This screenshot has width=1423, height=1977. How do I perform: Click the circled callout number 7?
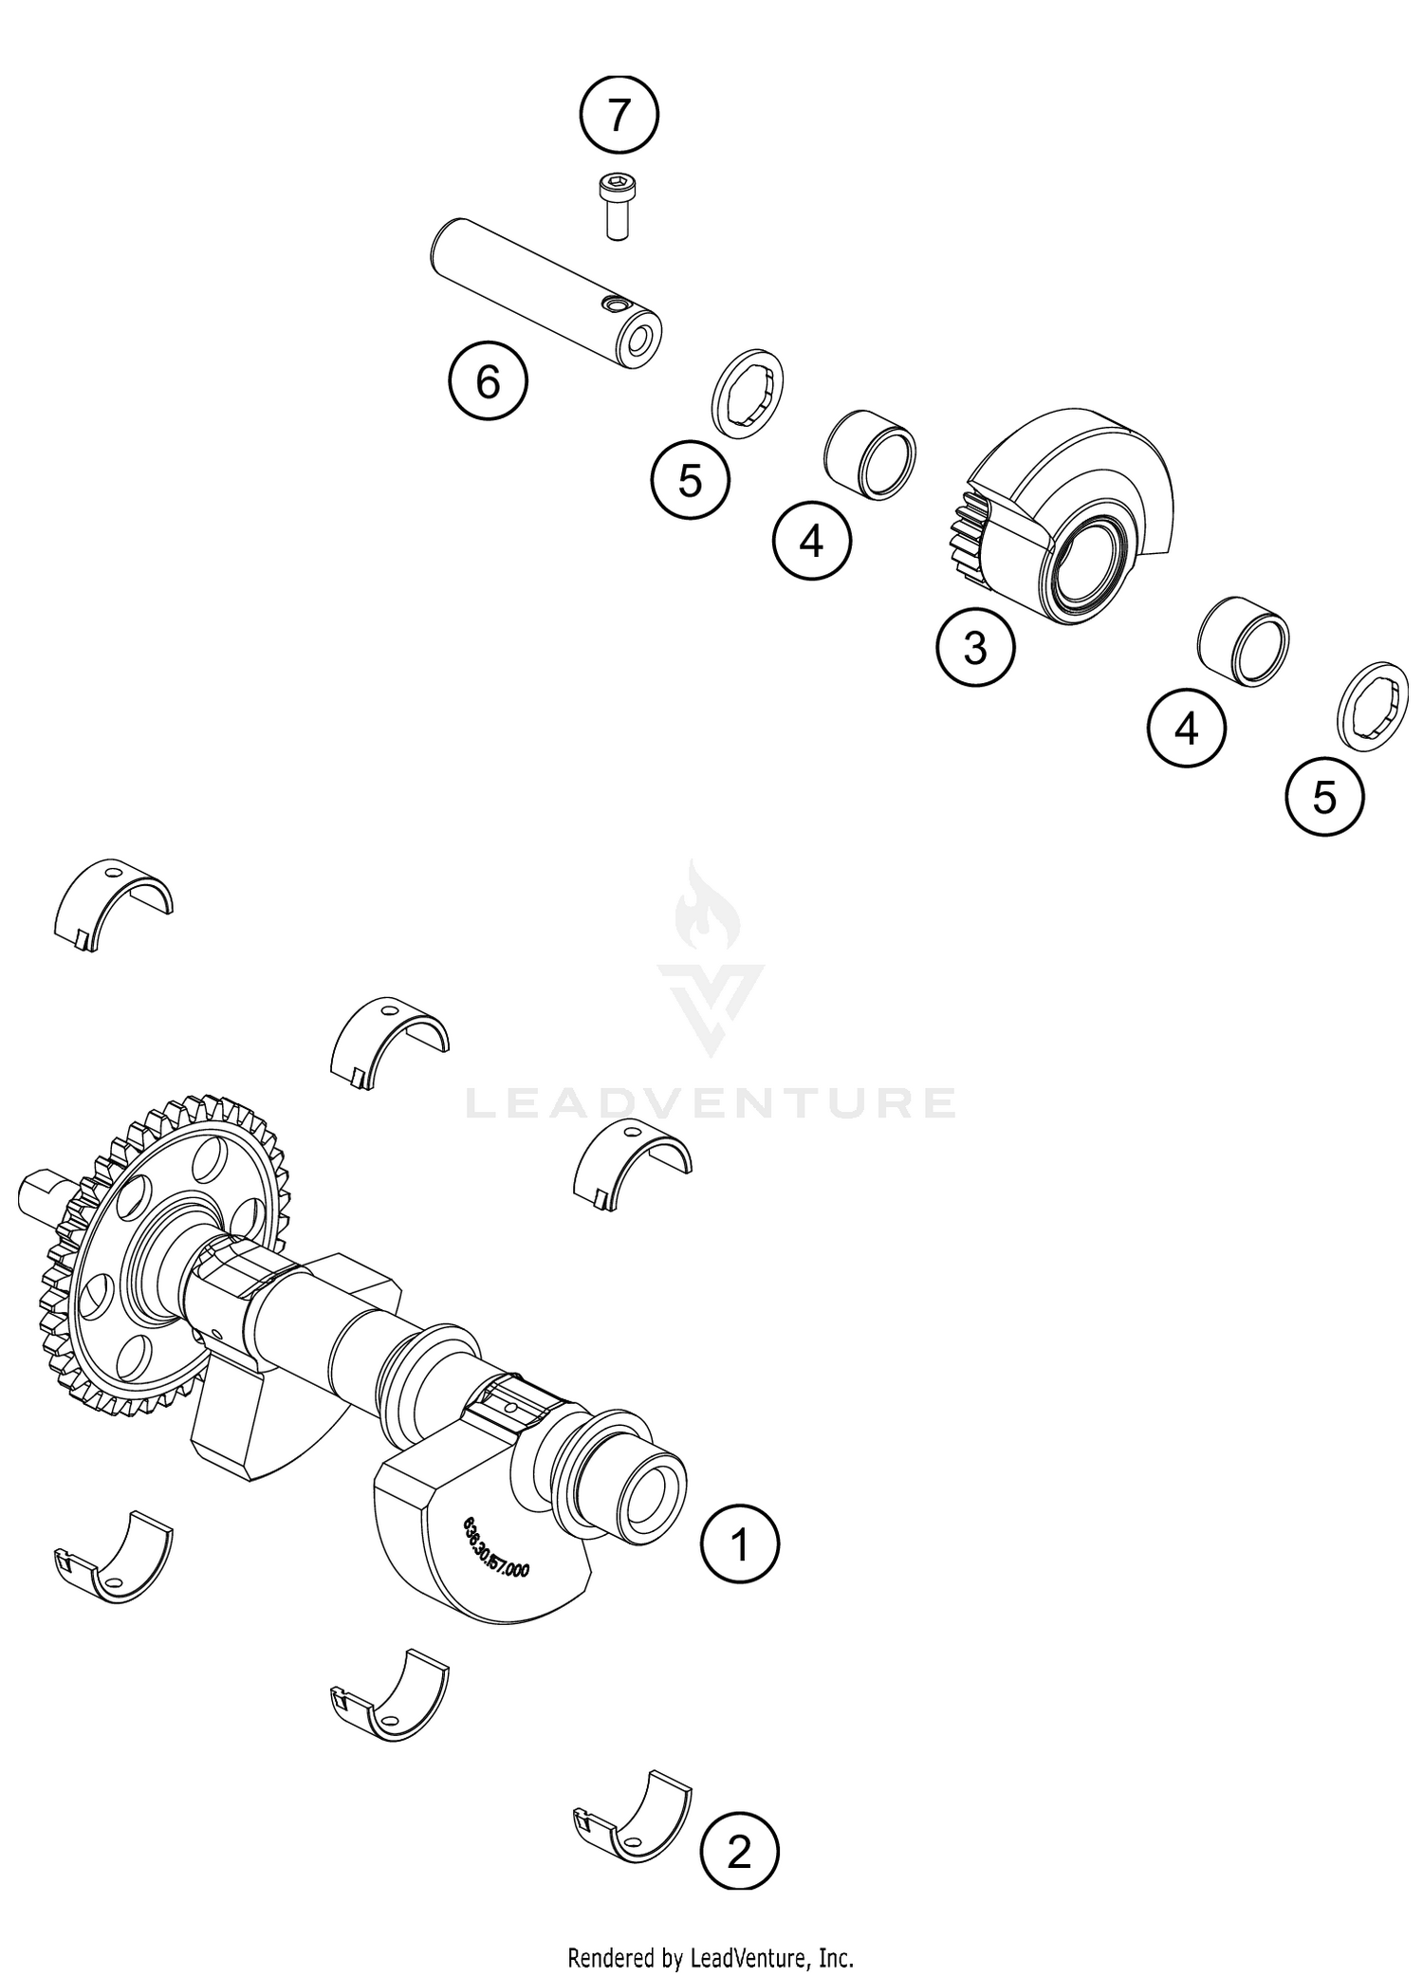pyautogui.click(x=619, y=116)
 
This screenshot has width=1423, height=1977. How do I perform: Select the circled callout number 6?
pyautogui.click(x=488, y=382)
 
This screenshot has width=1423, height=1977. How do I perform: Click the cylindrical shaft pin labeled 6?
pyautogui.click(x=546, y=295)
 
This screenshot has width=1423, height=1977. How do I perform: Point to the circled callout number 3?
pyautogui.click(x=975, y=649)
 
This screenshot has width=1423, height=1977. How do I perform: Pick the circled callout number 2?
pyautogui.click(x=739, y=1853)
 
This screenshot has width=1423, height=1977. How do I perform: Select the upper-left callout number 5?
pyautogui.click(x=690, y=481)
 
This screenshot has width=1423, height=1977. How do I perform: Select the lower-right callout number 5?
pyautogui.click(x=1324, y=797)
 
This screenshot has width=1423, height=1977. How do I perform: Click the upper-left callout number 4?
pyautogui.click(x=812, y=542)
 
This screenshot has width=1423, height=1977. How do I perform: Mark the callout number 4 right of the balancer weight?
pyautogui.click(x=1186, y=730)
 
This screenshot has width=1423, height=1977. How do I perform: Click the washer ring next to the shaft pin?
pyautogui.click(x=748, y=393)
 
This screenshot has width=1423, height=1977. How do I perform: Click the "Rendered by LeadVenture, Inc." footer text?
pyautogui.click(x=711, y=1956)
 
